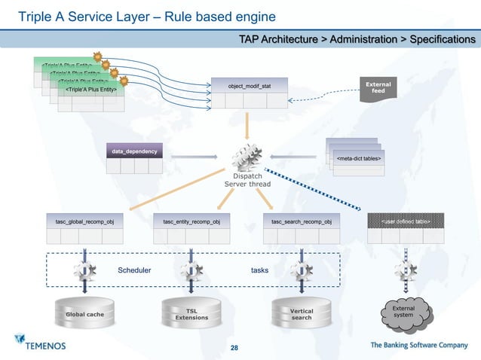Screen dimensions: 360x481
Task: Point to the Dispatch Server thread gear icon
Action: point(247,159)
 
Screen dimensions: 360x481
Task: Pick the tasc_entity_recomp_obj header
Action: point(191,221)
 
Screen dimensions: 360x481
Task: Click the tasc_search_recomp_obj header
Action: point(301,221)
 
